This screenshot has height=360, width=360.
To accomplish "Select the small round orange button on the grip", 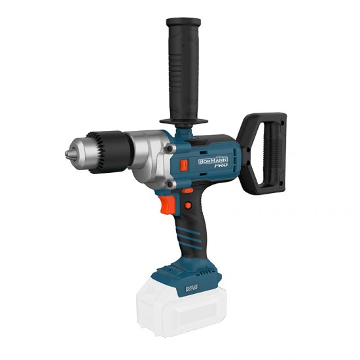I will click(188, 205).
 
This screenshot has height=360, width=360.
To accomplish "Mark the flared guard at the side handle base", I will click(183, 122).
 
